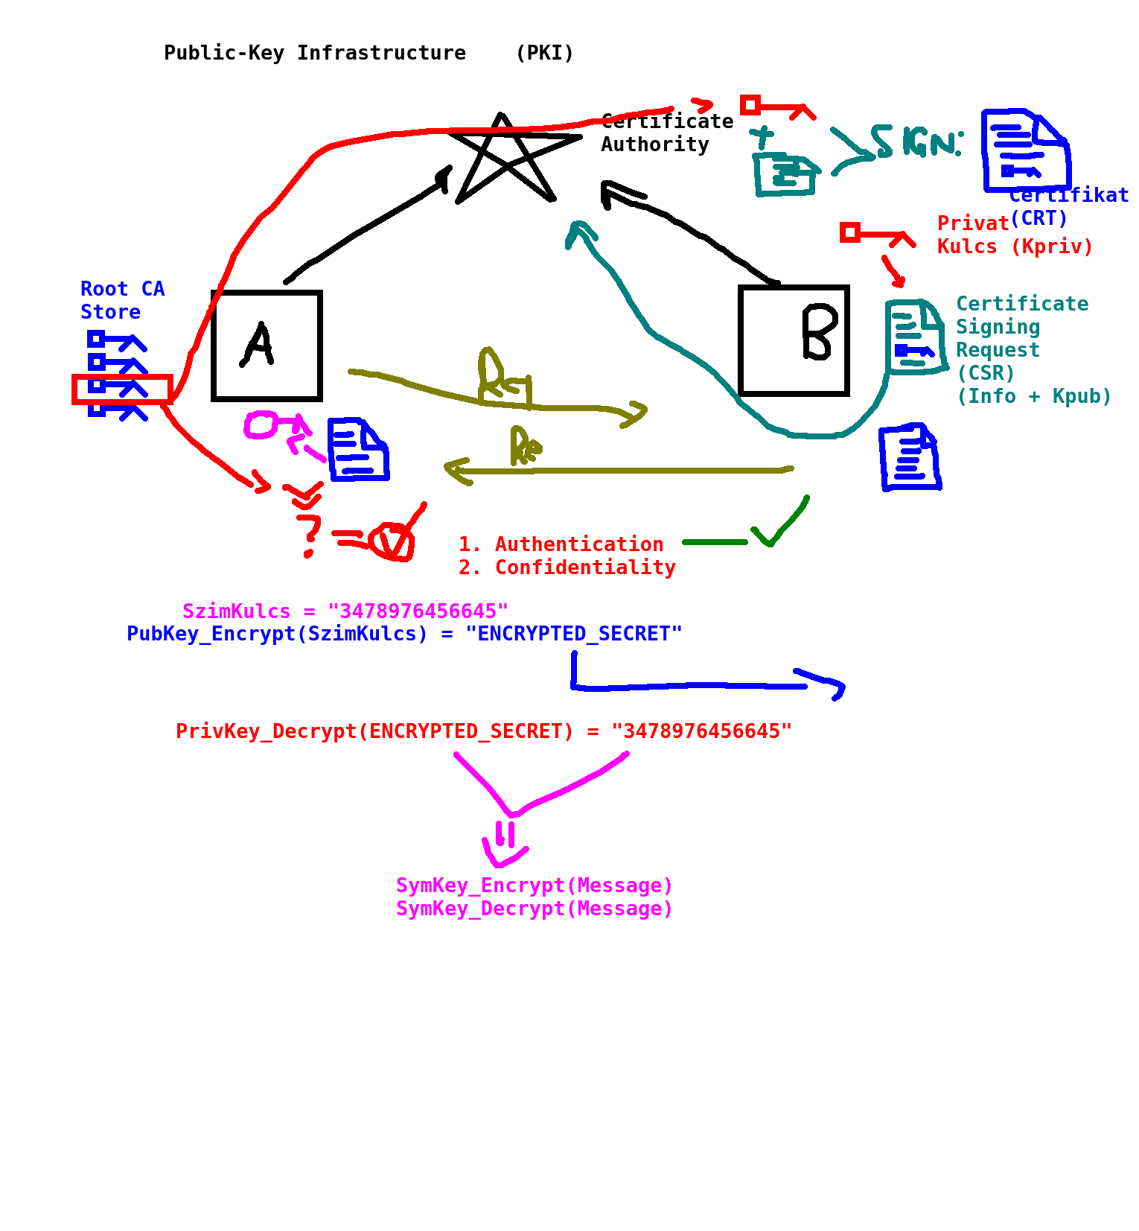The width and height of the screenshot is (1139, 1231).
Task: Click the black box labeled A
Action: [267, 346]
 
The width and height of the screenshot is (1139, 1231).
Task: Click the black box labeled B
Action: [794, 340]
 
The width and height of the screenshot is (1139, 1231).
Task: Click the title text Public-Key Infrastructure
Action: [314, 53]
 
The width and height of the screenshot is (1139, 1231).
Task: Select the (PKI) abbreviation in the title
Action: [544, 53]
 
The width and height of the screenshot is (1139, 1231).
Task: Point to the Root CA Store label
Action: [121, 300]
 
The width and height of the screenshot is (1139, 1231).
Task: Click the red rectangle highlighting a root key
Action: [122, 389]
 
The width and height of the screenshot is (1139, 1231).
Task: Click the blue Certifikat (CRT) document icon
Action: [1026, 151]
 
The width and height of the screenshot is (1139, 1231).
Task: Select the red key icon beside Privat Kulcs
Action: [876, 234]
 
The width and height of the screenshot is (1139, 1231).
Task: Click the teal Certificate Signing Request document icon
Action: [915, 337]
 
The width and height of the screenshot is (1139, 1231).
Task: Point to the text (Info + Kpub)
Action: [1033, 396]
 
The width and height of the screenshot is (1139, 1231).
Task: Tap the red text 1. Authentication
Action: [561, 544]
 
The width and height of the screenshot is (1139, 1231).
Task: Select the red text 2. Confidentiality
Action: [567, 567]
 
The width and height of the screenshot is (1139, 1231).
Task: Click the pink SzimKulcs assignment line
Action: [345, 611]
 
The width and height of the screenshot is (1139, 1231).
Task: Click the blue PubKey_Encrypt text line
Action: [404, 634]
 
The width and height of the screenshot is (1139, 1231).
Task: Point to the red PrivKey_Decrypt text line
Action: [484, 731]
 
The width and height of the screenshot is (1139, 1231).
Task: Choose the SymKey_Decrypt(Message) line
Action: [534, 909]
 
